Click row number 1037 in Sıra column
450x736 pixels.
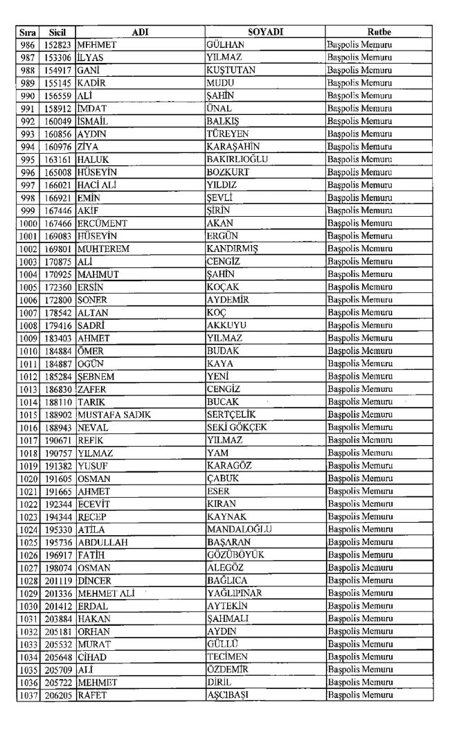pyautogui.click(x=28, y=694)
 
